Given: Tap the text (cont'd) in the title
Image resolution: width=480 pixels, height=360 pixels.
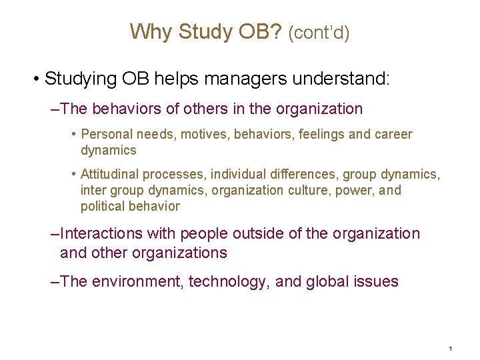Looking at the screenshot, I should click(318, 33).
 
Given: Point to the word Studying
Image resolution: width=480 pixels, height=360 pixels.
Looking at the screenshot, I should click(79, 79).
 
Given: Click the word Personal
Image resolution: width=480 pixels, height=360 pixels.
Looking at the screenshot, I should click(105, 135).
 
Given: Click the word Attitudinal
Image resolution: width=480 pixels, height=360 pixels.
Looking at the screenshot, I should click(109, 175).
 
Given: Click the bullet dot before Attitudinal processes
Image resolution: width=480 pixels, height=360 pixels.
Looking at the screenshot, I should click(73, 175).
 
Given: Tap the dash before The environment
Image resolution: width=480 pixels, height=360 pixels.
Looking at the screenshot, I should click(55, 282).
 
